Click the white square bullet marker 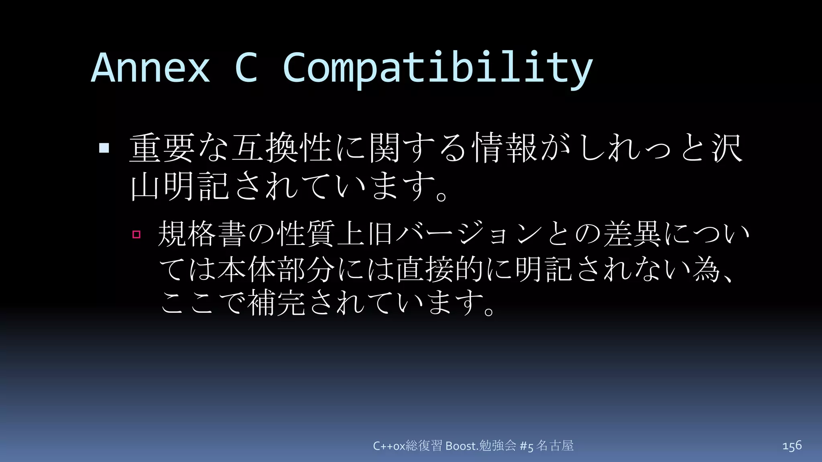(x=104, y=148)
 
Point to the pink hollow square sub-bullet (x=136, y=234)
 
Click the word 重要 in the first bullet (x=162, y=148)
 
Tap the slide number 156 (x=792, y=446)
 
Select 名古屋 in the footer (x=555, y=446)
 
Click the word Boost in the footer (x=461, y=446)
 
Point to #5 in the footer (x=526, y=446)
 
